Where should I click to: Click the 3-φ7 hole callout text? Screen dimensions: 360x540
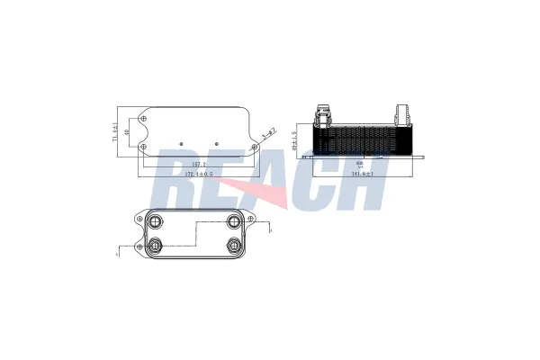(267, 135)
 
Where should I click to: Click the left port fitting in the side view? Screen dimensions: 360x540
(321, 114)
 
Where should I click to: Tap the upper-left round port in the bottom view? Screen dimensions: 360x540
(156, 221)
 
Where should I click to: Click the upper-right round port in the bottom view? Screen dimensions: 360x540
(233, 221)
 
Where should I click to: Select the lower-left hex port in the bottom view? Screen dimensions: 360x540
(156, 246)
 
